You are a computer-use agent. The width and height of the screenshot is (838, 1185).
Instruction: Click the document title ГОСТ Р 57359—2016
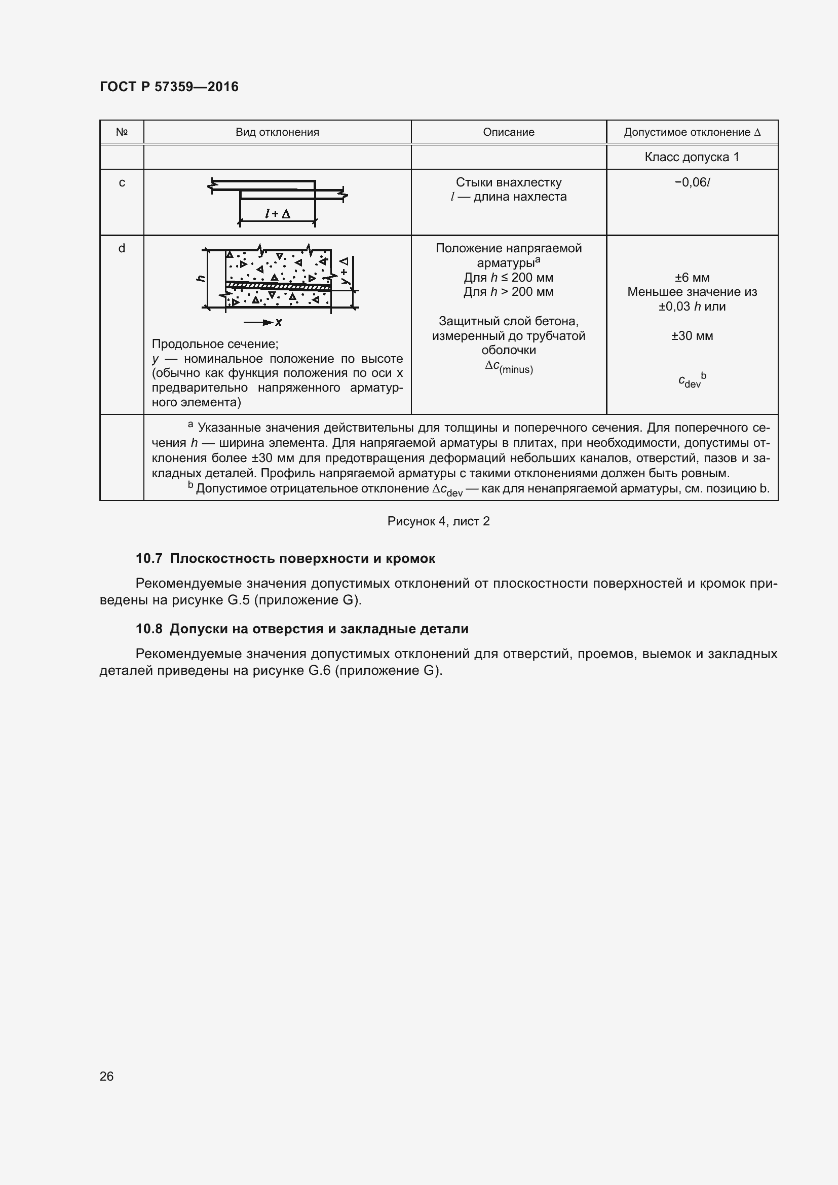click(169, 87)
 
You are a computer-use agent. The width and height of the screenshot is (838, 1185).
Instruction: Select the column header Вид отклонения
click(277, 132)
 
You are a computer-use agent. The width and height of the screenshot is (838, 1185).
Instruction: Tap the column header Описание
click(508, 132)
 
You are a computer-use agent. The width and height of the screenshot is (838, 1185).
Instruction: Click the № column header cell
click(122, 132)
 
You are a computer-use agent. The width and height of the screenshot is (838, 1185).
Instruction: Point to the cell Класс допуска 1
click(692, 157)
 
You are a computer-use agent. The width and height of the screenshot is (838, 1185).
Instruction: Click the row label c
click(122, 183)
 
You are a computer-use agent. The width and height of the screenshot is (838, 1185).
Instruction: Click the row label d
click(122, 248)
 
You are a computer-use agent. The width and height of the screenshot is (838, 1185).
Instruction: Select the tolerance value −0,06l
click(692, 183)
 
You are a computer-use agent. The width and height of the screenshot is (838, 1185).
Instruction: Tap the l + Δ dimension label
click(277, 213)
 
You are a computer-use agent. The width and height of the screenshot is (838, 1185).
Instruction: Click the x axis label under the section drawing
click(279, 323)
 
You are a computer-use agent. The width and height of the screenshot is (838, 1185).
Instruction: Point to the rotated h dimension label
click(202, 279)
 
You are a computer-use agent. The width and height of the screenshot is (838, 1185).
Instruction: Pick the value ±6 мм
click(692, 278)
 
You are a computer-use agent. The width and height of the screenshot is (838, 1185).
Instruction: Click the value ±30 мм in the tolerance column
click(692, 336)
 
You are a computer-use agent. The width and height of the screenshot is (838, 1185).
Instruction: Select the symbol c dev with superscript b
click(692, 380)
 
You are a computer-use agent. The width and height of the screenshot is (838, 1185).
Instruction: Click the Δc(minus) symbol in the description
click(508, 367)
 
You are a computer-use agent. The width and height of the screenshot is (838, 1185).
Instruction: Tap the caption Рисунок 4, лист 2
click(438, 521)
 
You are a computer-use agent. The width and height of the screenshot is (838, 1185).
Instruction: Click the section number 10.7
click(148, 558)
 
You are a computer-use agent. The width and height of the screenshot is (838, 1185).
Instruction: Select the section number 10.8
click(148, 629)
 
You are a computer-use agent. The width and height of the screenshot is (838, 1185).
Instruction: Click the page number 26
click(106, 1076)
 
